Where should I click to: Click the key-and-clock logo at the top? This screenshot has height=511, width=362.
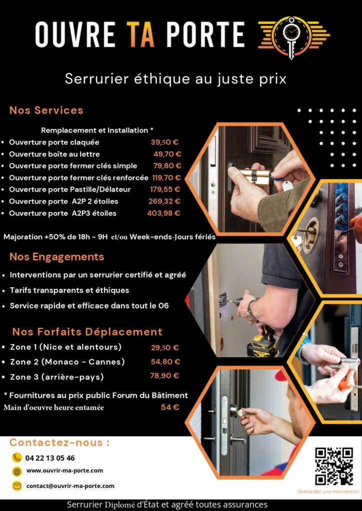tap(294, 37)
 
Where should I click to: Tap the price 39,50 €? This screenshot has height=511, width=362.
tap(164, 142)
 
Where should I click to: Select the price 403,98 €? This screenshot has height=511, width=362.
tap(163, 213)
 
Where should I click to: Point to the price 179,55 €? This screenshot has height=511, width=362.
tap(165, 189)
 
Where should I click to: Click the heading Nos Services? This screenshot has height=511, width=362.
tap(46, 110)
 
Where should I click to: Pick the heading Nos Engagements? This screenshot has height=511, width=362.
tap(57, 257)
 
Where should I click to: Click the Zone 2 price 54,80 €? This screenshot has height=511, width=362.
tap(165, 362)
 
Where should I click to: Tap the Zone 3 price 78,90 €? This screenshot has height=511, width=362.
tap(164, 376)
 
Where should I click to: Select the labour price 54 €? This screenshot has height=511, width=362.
tap(170, 407)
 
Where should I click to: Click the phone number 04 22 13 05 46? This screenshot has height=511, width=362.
tap(50, 458)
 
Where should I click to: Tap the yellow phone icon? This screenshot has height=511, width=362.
tap(17, 458)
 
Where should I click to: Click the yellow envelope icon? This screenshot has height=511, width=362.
tap(17, 486)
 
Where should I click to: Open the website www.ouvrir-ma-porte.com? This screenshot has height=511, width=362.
tap(64, 471)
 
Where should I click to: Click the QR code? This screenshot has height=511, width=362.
tap(334, 467)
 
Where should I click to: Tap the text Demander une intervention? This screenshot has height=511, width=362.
tap(328, 492)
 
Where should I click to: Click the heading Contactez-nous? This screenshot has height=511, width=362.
tap(59, 443)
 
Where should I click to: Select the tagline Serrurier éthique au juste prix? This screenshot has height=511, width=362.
tap(175, 79)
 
